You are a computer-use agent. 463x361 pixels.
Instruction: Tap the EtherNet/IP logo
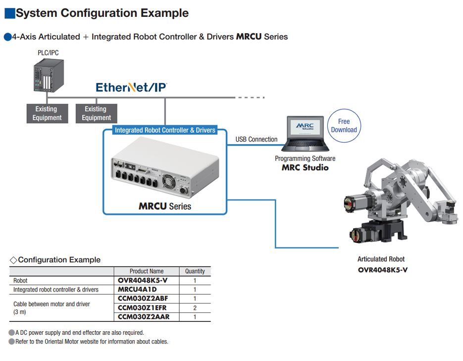point(131,88)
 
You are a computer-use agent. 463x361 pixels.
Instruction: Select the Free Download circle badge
point(344,126)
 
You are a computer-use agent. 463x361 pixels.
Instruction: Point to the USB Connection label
point(256,140)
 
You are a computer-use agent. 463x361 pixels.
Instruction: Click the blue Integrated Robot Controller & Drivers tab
point(165,130)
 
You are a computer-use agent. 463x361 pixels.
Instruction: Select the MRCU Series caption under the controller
point(164,206)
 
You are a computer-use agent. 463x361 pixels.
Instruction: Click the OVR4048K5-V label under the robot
point(383,270)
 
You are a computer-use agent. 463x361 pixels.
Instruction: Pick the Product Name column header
point(147,271)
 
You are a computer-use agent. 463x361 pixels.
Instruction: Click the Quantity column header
point(195,271)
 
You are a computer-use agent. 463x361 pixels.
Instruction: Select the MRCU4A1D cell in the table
point(137,289)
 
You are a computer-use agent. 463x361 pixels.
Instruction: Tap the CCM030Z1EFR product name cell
point(143,308)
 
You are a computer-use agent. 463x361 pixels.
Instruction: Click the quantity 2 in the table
point(195,308)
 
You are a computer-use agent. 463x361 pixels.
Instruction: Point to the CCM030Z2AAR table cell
point(143,316)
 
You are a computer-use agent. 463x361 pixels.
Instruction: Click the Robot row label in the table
point(20,281)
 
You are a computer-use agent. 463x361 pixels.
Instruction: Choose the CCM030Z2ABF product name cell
point(143,299)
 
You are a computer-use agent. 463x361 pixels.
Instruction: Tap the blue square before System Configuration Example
point(9,13)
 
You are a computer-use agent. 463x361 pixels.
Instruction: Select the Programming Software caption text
point(305,158)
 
